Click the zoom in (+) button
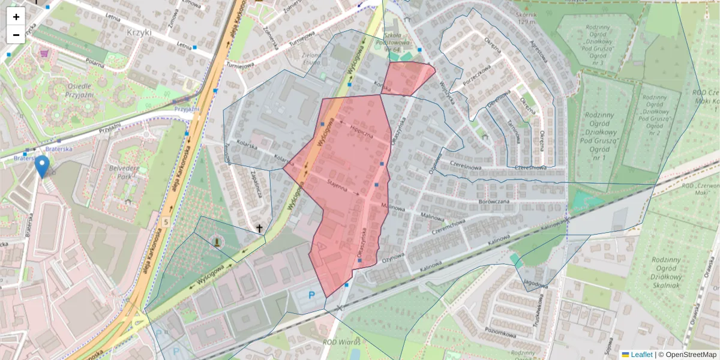[16, 17]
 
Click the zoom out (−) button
[16, 35]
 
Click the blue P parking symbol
[311, 295]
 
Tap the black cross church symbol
[259, 229]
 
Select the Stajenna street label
[337, 186]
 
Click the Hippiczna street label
[362, 131]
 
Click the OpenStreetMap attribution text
[690, 355]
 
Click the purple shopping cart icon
[44, 53]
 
